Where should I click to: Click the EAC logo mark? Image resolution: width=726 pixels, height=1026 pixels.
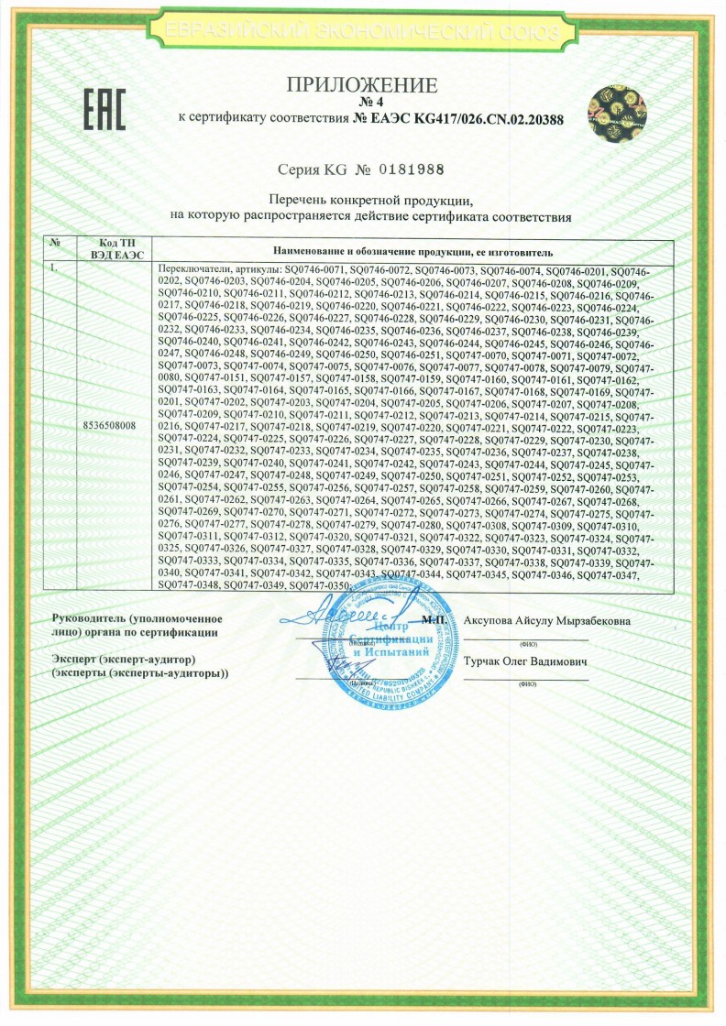(x=104, y=111)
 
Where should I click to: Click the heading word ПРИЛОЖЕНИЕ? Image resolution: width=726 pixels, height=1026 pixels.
(x=363, y=86)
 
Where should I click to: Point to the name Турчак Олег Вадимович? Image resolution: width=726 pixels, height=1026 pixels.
(x=525, y=660)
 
